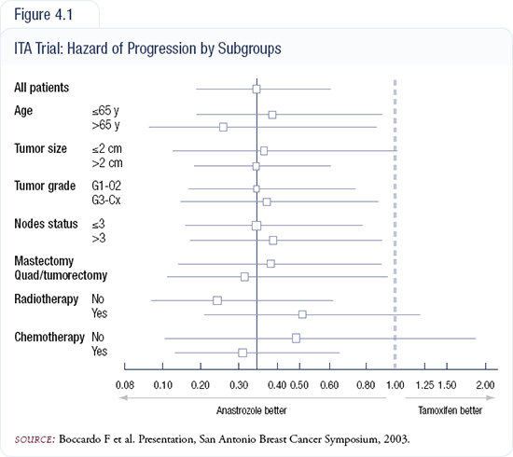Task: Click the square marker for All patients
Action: (256, 89)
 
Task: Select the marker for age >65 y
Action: (223, 127)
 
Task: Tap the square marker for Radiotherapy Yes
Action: (302, 314)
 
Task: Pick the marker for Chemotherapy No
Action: (296, 338)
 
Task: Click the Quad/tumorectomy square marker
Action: (244, 277)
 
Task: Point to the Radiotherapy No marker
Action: (217, 300)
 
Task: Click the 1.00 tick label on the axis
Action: (395, 385)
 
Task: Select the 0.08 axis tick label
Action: (125, 385)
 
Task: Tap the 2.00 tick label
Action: (485, 385)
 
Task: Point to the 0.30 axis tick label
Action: (239, 385)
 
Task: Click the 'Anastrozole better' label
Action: (251, 410)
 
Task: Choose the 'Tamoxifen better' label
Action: (451, 410)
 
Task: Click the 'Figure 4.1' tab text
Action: (43, 15)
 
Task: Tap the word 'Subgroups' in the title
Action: (250, 48)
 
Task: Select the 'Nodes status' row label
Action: (46, 224)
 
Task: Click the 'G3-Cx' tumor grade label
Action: (106, 200)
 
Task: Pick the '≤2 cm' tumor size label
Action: (107, 149)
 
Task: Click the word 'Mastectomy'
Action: (44, 261)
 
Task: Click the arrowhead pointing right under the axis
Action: (491, 398)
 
